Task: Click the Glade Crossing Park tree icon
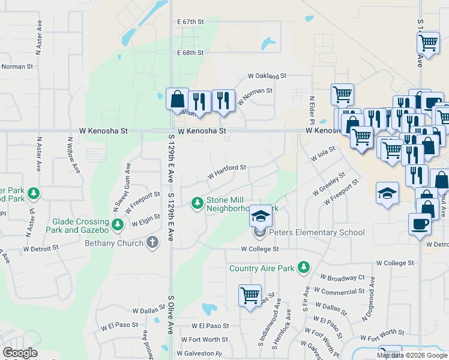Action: (x=119, y=225)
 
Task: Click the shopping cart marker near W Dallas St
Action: (x=250, y=295)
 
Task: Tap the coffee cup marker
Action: (x=420, y=224)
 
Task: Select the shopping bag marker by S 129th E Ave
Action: (x=178, y=100)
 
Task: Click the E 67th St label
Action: (x=191, y=22)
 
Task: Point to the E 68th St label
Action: (x=191, y=53)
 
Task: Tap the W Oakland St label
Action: (x=268, y=77)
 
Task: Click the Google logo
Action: (x=20, y=353)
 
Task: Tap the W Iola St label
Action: (x=322, y=154)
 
